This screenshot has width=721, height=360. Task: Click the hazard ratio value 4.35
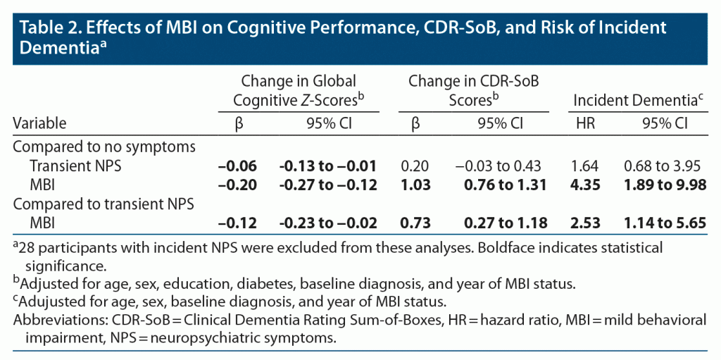pos(584,185)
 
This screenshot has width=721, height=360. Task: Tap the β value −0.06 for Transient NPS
pos(237,166)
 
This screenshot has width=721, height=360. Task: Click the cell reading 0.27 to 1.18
pos(506,223)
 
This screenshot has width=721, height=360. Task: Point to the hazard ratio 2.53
pos(584,223)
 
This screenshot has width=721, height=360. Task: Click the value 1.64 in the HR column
pos(584,166)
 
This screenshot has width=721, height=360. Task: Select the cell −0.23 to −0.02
pos(328,223)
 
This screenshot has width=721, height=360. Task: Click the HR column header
pos(584,123)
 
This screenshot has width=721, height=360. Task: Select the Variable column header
pos(39,123)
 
